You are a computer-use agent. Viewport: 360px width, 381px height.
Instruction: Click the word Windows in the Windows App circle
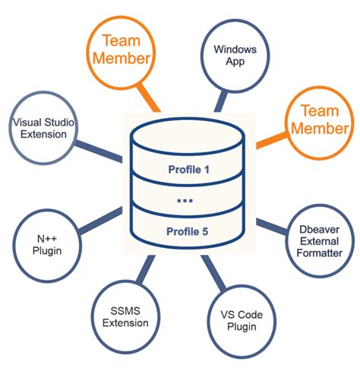[235, 49]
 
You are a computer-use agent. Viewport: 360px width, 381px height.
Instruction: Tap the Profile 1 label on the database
[189, 170]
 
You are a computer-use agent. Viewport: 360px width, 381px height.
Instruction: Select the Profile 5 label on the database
[188, 231]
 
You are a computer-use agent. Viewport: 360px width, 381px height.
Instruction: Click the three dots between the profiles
[185, 201]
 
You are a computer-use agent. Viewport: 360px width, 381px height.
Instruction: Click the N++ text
[47, 239]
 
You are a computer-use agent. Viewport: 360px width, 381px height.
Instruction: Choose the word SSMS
[125, 311]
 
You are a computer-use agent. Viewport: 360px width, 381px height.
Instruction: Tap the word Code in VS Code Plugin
[250, 315]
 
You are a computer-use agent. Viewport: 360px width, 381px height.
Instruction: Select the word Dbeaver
[319, 230]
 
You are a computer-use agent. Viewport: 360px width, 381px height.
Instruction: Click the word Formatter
[320, 253]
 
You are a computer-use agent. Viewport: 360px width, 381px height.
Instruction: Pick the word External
[319, 241]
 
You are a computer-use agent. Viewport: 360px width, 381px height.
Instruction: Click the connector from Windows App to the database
[221, 101]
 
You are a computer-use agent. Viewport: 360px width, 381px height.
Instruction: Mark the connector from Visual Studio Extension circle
[98, 151]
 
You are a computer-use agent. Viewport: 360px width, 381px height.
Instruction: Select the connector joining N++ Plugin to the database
[100, 221]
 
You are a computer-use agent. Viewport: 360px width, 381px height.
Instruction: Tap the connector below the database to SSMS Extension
[146, 269]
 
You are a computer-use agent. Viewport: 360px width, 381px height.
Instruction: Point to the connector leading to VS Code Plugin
[213, 273]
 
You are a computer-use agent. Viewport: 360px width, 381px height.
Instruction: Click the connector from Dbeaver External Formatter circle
[272, 226]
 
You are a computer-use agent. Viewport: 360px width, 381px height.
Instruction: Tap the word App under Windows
[235, 62]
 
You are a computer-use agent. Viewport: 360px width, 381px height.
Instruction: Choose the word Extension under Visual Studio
[43, 134]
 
